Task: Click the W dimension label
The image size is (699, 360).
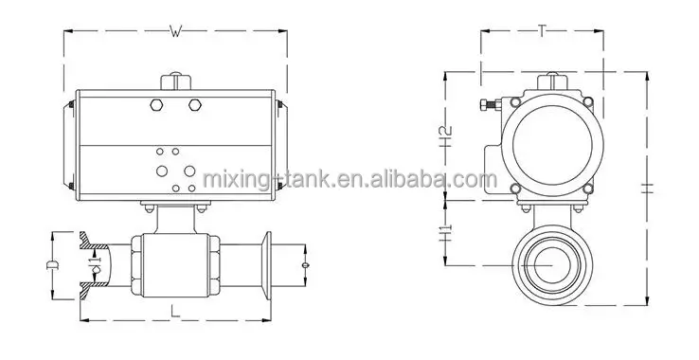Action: pyautogui.click(x=176, y=31)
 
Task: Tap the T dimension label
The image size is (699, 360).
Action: pyautogui.click(x=542, y=30)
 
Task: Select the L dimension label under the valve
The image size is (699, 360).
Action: pyautogui.click(x=175, y=311)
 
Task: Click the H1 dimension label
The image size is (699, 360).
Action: pyautogui.click(x=446, y=233)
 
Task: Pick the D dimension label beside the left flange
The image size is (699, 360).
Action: pyautogui.click(x=52, y=264)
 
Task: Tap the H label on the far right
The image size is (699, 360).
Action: pyautogui.click(x=648, y=188)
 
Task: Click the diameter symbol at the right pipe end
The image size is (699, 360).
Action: pyautogui.click(x=305, y=265)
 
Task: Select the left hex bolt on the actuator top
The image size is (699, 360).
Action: pyautogui.click(x=156, y=105)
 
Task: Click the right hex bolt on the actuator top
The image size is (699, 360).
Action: pyautogui.click(x=195, y=105)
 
